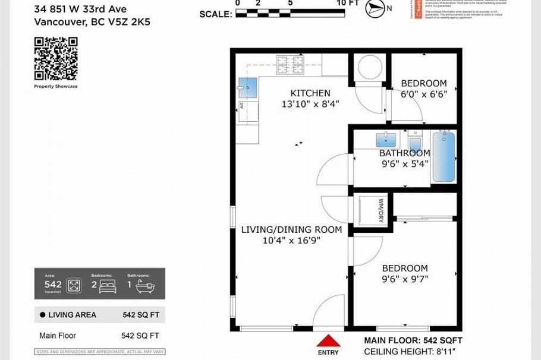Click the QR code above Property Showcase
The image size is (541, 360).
pos(56,59)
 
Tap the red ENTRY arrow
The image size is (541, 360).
pos(327,341)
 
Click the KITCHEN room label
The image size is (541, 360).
pos(310,93)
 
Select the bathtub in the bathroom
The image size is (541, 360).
pos(444,157)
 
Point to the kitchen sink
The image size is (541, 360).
pos(247,87)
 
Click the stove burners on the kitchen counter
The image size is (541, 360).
pos(290,64)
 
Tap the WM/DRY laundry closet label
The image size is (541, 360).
pos(381,210)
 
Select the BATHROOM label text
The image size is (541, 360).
pos(405,153)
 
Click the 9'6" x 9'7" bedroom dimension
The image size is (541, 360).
pos(405,279)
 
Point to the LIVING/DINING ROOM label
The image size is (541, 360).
pos(291,230)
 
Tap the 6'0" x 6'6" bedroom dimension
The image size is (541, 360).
pos(423,94)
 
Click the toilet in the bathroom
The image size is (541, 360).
pos(415,144)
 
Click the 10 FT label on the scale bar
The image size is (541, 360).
pos(348,4)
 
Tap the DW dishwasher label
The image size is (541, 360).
pos(242,106)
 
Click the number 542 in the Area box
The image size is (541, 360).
pos(53,284)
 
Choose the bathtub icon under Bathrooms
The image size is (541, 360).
pos(145,286)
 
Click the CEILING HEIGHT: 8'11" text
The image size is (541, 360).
pos(413,351)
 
